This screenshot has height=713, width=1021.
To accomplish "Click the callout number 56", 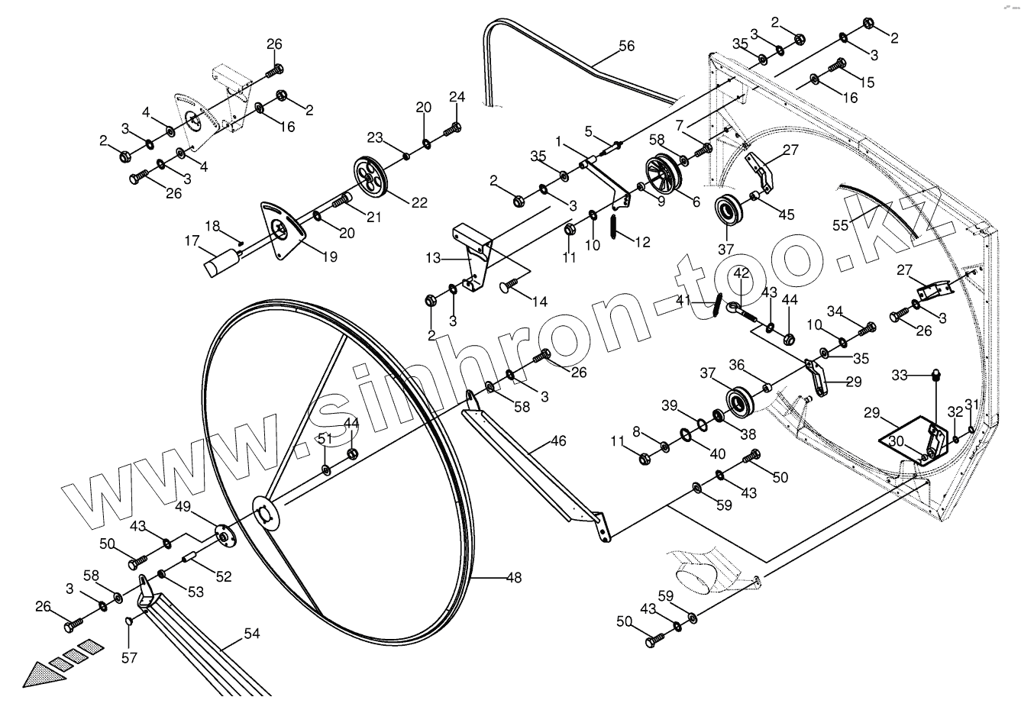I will click(x=626, y=47).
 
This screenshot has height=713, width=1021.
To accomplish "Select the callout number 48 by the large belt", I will click(x=514, y=578).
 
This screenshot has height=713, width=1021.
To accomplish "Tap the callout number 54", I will click(x=251, y=633).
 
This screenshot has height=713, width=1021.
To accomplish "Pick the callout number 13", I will click(x=434, y=259).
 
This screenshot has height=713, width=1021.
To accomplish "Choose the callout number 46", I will click(x=558, y=441).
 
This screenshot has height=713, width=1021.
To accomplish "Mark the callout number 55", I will click(x=841, y=225).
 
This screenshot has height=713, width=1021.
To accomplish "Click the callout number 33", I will click(x=900, y=375).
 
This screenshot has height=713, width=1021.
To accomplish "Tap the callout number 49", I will click(x=184, y=506).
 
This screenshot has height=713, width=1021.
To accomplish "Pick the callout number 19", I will click(x=328, y=257).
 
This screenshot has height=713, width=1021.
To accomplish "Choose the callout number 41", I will click(x=682, y=300).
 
